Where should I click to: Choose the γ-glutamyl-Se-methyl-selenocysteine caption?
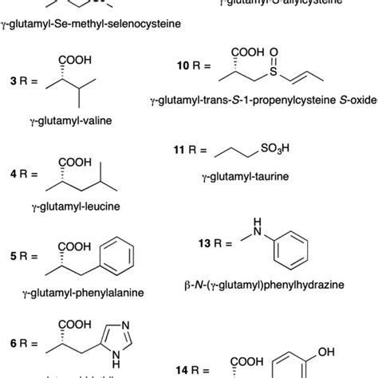[89, 24]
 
